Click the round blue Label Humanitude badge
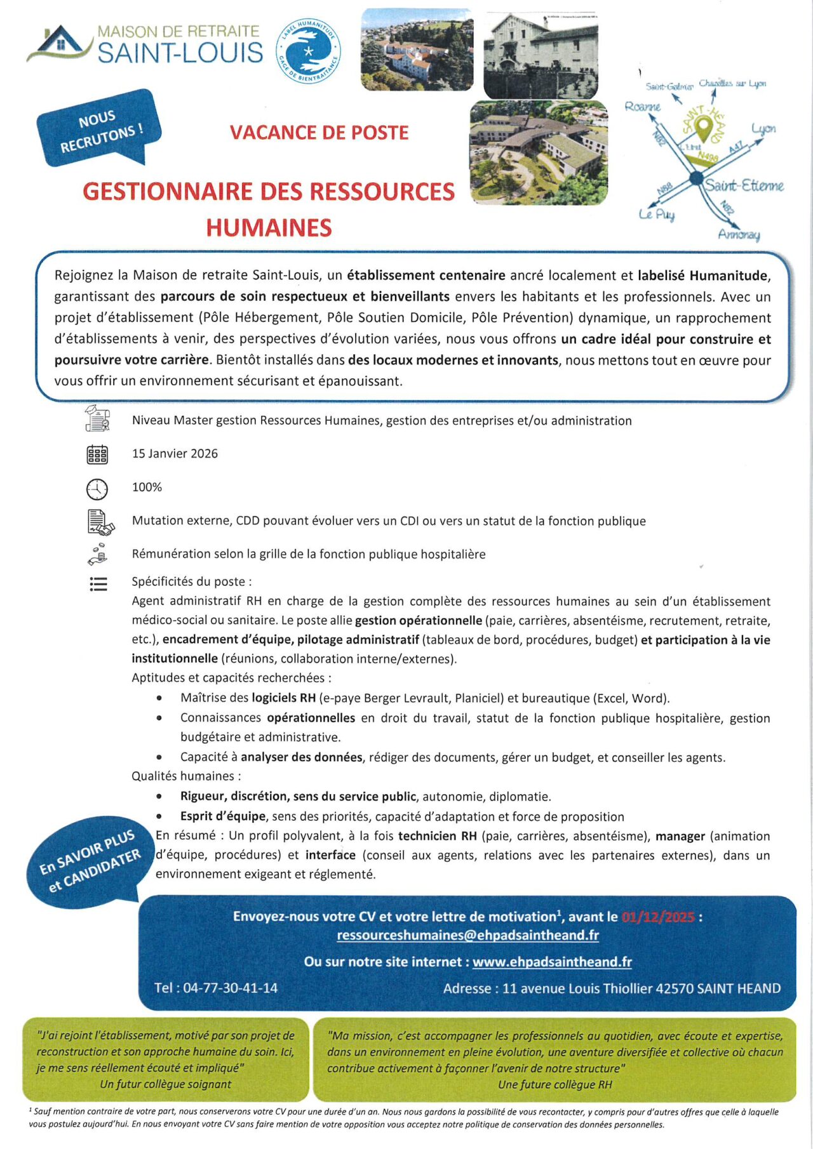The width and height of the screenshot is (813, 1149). click(308, 51)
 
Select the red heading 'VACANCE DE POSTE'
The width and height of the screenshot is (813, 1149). click(319, 133)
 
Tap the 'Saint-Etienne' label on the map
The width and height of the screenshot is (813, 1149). click(744, 185)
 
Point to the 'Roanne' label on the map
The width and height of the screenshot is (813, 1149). click(642, 107)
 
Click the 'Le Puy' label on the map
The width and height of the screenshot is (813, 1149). click(656, 215)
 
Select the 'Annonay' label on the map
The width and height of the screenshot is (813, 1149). click(739, 234)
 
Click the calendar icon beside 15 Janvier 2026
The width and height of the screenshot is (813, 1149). click(97, 455)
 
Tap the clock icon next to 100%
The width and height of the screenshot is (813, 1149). click(97, 489)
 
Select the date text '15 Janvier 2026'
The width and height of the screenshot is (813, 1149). click(175, 454)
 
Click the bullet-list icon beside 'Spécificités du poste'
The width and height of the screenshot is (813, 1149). click(98, 584)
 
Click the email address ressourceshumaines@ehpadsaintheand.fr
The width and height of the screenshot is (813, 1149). click(467, 935)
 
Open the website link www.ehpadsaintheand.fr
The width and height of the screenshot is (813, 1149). click(552, 962)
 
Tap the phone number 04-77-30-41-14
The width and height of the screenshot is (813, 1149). click(230, 988)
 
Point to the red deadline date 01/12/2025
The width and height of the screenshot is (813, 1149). click(658, 917)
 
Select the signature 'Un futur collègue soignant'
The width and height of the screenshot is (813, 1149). click(165, 1084)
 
